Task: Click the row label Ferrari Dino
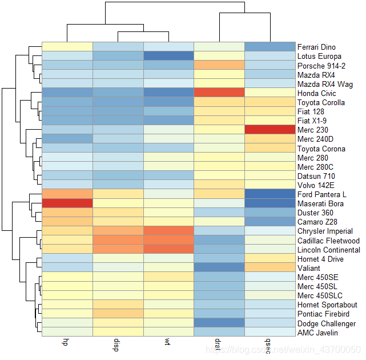pyautogui.click(x=316, y=47)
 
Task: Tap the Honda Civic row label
pyautogui.click(x=315, y=93)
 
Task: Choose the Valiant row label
pyautogui.click(x=308, y=268)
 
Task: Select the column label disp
pyautogui.click(x=117, y=344)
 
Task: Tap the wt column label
pyautogui.click(x=168, y=342)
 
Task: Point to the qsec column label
pyautogui.click(x=269, y=345)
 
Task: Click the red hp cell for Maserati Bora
pyautogui.click(x=67, y=203)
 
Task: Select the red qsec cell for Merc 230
pyautogui.click(x=270, y=130)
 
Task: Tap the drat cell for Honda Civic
pyautogui.click(x=219, y=93)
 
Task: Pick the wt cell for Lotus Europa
pyautogui.click(x=168, y=56)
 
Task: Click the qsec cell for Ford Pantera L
pyautogui.click(x=270, y=194)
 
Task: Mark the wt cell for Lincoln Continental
pyautogui.click(x=168, y=250)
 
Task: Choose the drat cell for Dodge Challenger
pyautogui.click(x=219, y=323)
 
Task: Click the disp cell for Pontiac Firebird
pyautogui.click(x=118, y=314)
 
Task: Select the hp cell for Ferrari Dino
pyautogui.click(x=67, y=47)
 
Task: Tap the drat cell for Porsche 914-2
pyautogui.click(x=219, y=65)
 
